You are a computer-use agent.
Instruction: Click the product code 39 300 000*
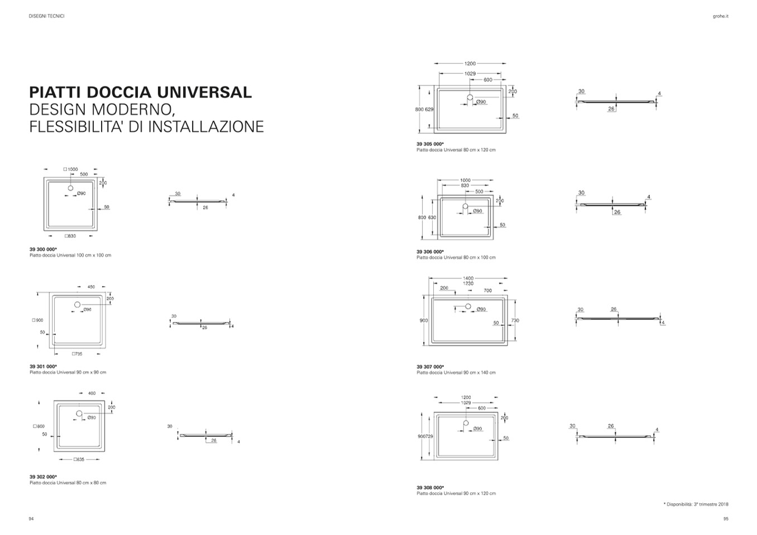coord(43,249)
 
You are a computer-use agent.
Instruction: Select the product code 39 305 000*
coord(430,144)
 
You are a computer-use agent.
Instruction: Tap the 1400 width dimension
coord(468,278)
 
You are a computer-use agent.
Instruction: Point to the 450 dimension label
coord(91,287)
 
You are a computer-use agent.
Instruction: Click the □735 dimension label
coord(76,354)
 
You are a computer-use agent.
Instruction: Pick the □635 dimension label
coord(79,460)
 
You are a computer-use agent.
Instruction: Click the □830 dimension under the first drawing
coord(70,236)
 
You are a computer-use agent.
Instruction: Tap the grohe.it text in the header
coord(721,16)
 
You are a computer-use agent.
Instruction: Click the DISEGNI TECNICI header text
coord(46,16)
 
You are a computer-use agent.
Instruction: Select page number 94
coord(31,519)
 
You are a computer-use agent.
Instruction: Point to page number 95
coord(726,519)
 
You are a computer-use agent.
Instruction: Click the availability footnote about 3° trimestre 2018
coord(696,504)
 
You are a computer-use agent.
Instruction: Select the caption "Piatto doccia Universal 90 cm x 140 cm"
coord(456,373)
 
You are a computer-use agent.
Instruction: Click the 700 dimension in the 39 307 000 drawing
coord(487,291)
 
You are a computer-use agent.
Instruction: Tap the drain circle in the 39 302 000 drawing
coord(79,413)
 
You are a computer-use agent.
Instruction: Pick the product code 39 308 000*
coord(430,488)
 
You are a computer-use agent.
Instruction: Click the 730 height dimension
coord(515,320)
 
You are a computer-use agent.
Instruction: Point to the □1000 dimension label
coord(70,169)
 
